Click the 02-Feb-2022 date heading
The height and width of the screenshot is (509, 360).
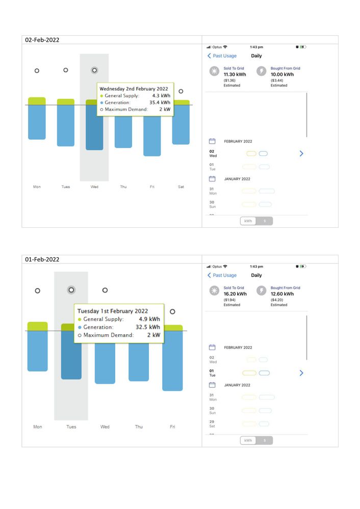click(x=42, y=40)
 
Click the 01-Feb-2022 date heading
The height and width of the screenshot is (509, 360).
click(x=42, y=259)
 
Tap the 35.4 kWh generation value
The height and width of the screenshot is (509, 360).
click(x=161, y=102)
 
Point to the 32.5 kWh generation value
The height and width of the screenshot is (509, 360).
click(x=148, y=327)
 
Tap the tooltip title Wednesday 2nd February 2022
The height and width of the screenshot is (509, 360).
click(x=134, y=89)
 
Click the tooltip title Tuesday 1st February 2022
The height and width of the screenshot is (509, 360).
click(x=113, y=311)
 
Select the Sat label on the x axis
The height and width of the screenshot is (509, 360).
click(x=181, y=187)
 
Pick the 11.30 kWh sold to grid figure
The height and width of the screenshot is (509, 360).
click(x=235, y=74)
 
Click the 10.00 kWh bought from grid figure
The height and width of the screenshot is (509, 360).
click(x=282, y=74)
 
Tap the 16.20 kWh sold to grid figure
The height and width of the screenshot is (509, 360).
click(x=235, y=294)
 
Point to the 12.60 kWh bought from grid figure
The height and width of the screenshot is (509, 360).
click(x=282, y=294)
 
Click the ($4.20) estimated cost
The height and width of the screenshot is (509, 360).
click(x=278, y=300)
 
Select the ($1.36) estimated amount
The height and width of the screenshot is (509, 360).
click(x=229, y=80)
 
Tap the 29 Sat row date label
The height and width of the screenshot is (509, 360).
click(x=212, y=424)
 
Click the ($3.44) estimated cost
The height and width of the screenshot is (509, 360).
click(x=278, y=80)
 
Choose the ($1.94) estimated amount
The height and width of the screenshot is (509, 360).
click(x=229, y=300)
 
